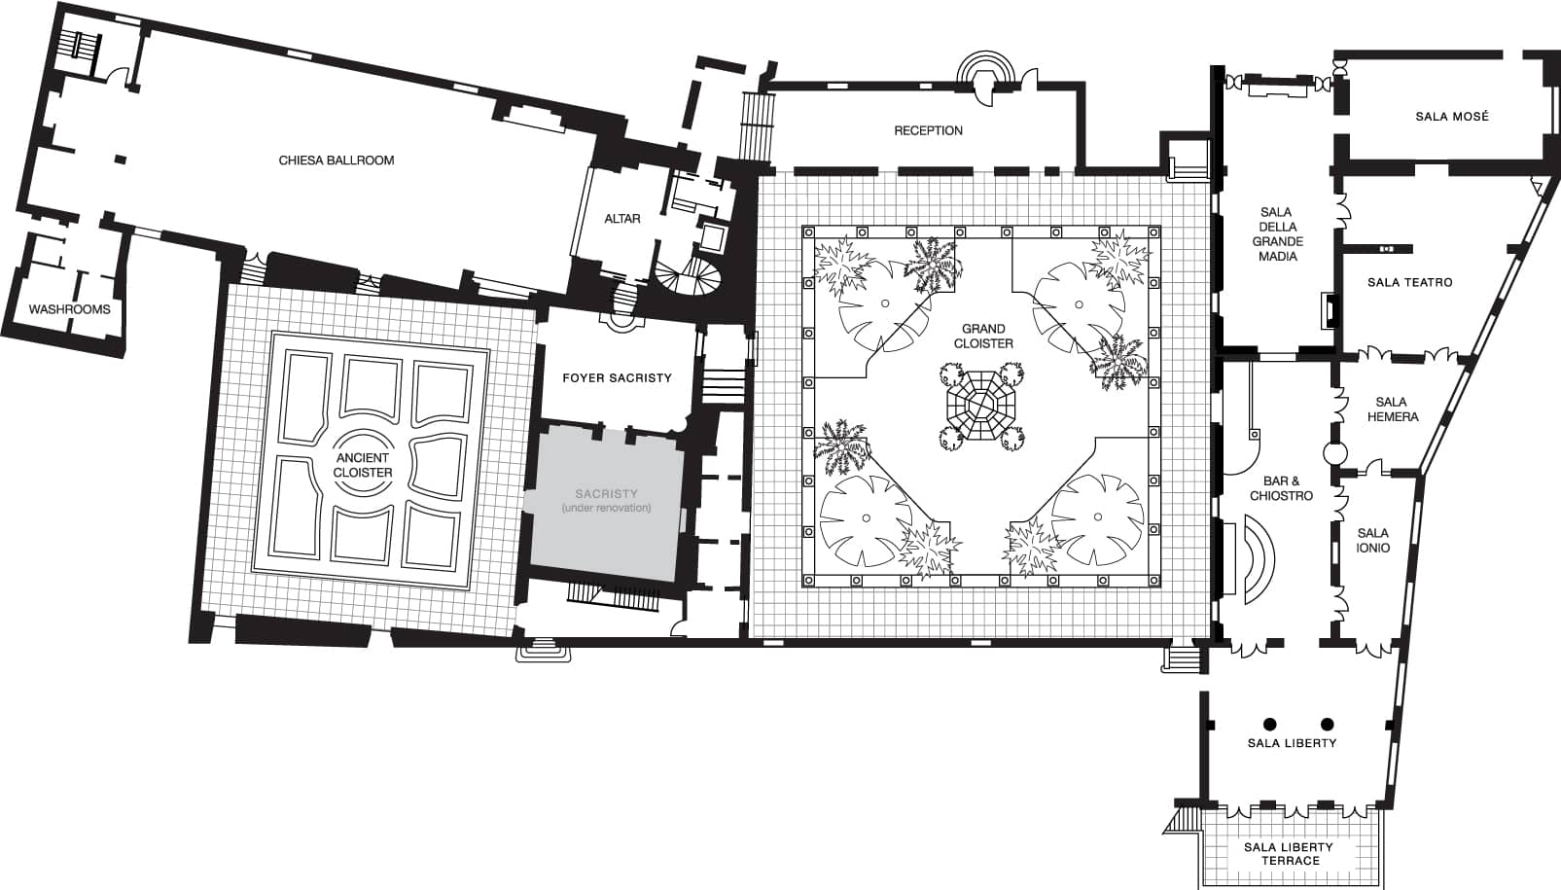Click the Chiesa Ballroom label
(336, 160)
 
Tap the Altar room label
(622, 219)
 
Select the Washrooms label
(70, 309)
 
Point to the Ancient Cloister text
(363, 465)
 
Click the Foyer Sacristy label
(617, 377)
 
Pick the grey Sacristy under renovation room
(604, 504)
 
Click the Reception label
(928, 130)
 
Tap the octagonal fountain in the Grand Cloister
(980, 405)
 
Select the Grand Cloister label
(983, 336)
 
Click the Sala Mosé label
(1452, 117)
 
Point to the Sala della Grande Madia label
(1277, 234)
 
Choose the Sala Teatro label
(1410, 282)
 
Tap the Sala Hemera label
(1393, 409)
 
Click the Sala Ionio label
(1373, 540)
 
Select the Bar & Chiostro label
(1281, 488)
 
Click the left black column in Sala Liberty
(1269, 724)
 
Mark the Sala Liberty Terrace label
(1289, 854)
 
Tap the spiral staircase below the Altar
(687, 275)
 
